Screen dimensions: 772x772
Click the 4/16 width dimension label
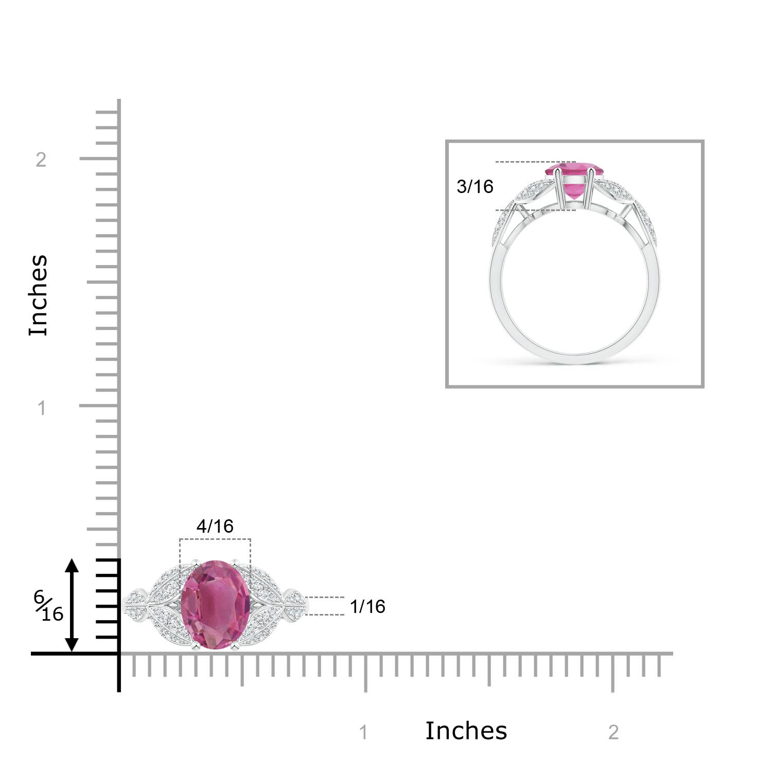coord(215,526)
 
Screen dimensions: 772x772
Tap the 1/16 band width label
coord(367,606)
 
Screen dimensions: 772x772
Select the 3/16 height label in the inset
coord(475,186)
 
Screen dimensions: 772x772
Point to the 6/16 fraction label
coord(48,606)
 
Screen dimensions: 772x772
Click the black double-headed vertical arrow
coord(72,605)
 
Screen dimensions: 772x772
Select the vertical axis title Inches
coord(39,295)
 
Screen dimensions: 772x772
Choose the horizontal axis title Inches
coord(466,731)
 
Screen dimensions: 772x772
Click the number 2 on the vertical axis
coord(41,160)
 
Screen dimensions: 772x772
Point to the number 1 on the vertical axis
coord(42,408)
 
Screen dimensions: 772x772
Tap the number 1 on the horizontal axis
coord(363,732)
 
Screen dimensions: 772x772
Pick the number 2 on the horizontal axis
coord(613,732)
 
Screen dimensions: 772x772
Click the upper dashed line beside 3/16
coord(535,162)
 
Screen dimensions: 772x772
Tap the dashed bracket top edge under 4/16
coord(215,539)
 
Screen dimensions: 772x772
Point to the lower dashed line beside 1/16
coord(325,615)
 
